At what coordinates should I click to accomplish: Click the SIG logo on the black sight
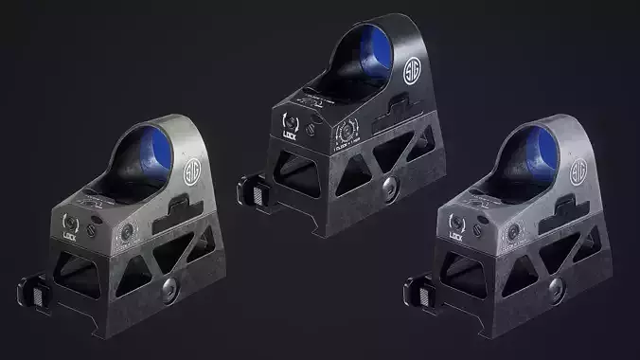(414, 70)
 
